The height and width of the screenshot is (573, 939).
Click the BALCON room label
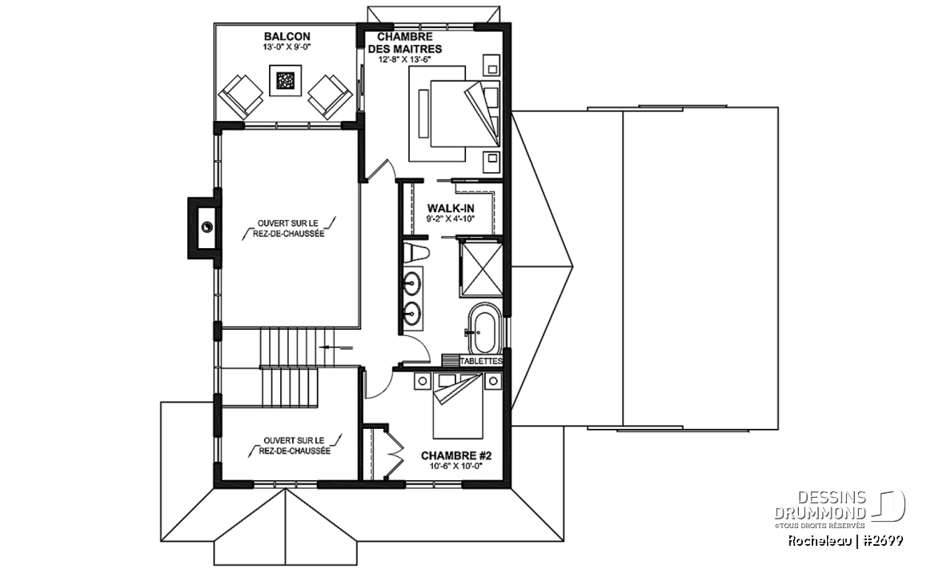coord(285,37)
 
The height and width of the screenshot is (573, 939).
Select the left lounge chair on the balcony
coord(241,97)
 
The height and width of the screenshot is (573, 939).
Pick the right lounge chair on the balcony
coord(330,96)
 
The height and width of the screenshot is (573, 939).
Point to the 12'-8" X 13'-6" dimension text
coord(405,59)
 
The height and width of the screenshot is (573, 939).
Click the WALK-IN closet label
coord(451,208)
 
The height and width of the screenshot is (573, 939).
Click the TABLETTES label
coord(481,361)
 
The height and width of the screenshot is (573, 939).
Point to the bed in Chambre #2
coord(458,406)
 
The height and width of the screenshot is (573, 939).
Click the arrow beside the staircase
coord(336,347)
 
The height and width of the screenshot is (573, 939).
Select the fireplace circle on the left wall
coord(207,226)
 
